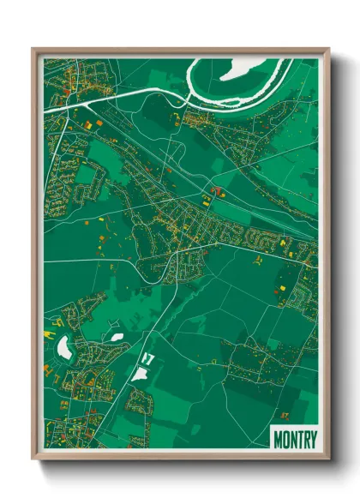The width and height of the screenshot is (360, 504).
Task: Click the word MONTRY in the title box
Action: click(294, 440)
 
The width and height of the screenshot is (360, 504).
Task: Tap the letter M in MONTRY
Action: click(278, 440)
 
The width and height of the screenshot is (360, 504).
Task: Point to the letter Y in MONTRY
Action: click(312, 440)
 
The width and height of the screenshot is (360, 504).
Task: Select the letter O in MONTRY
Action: click(285, 440)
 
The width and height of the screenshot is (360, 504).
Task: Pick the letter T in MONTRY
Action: click(298, 440)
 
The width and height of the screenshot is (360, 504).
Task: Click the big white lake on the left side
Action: click(63, 347)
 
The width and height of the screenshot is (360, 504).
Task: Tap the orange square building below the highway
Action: click(87, 125)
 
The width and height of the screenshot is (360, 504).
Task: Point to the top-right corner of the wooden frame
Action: click(327, 50)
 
